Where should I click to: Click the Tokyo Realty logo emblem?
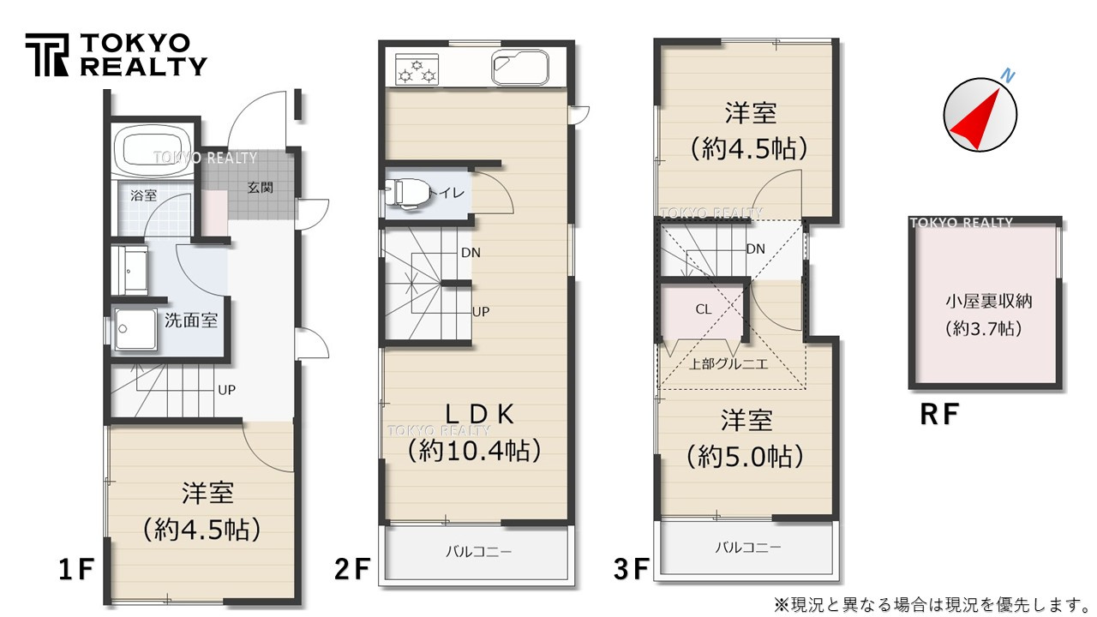tap(48, 55)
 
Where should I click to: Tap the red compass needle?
tap(979, 117)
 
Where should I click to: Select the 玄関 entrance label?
tap(261, 187)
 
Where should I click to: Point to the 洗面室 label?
tap(190, 321)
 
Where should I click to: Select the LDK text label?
tap(478, 415)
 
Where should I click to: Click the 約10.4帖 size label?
tap(474, 450)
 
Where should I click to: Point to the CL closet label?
tap(703, 309)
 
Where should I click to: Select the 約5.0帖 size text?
tap(746, 457)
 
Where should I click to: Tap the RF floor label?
tap(938, 415)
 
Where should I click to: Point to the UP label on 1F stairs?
tap(226, 390)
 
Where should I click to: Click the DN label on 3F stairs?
tap(755, 249)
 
